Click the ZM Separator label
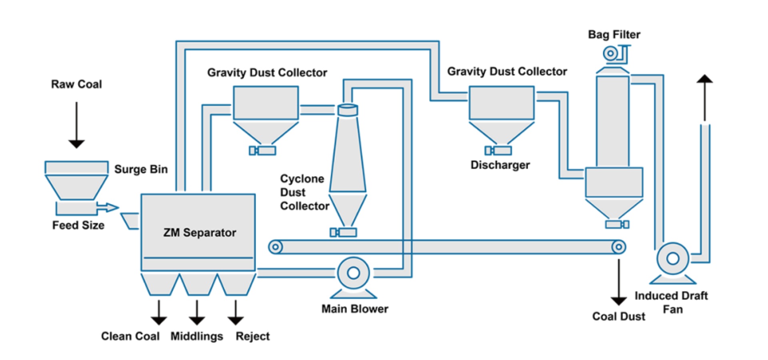[x=200, y=232]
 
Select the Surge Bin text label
[x=141, y=169]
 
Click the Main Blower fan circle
[x=353, y=273]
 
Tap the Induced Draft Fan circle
[x=673, y=258]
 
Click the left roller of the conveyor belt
[x=275, y=247]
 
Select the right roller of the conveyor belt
[x=618, y=247]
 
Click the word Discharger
[x=500, y=165]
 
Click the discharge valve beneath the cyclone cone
[x=343, y=232]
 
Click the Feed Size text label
[x=78, y=225]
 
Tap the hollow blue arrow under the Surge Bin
[x=108, y=207]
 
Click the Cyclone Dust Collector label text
[x=304, y=192]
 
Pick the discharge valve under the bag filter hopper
[x=617, y=224]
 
